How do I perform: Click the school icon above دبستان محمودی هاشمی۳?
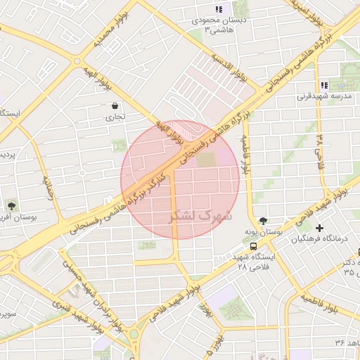[218, 10]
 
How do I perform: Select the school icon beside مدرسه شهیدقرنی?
[324, 85]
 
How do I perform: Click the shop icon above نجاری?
[115, 106]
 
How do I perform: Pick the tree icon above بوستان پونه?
[263, 220]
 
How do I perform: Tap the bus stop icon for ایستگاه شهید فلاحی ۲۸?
[253, 245]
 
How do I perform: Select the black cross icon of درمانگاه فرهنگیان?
[320, 228]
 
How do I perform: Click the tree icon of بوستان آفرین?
[11, 205]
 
